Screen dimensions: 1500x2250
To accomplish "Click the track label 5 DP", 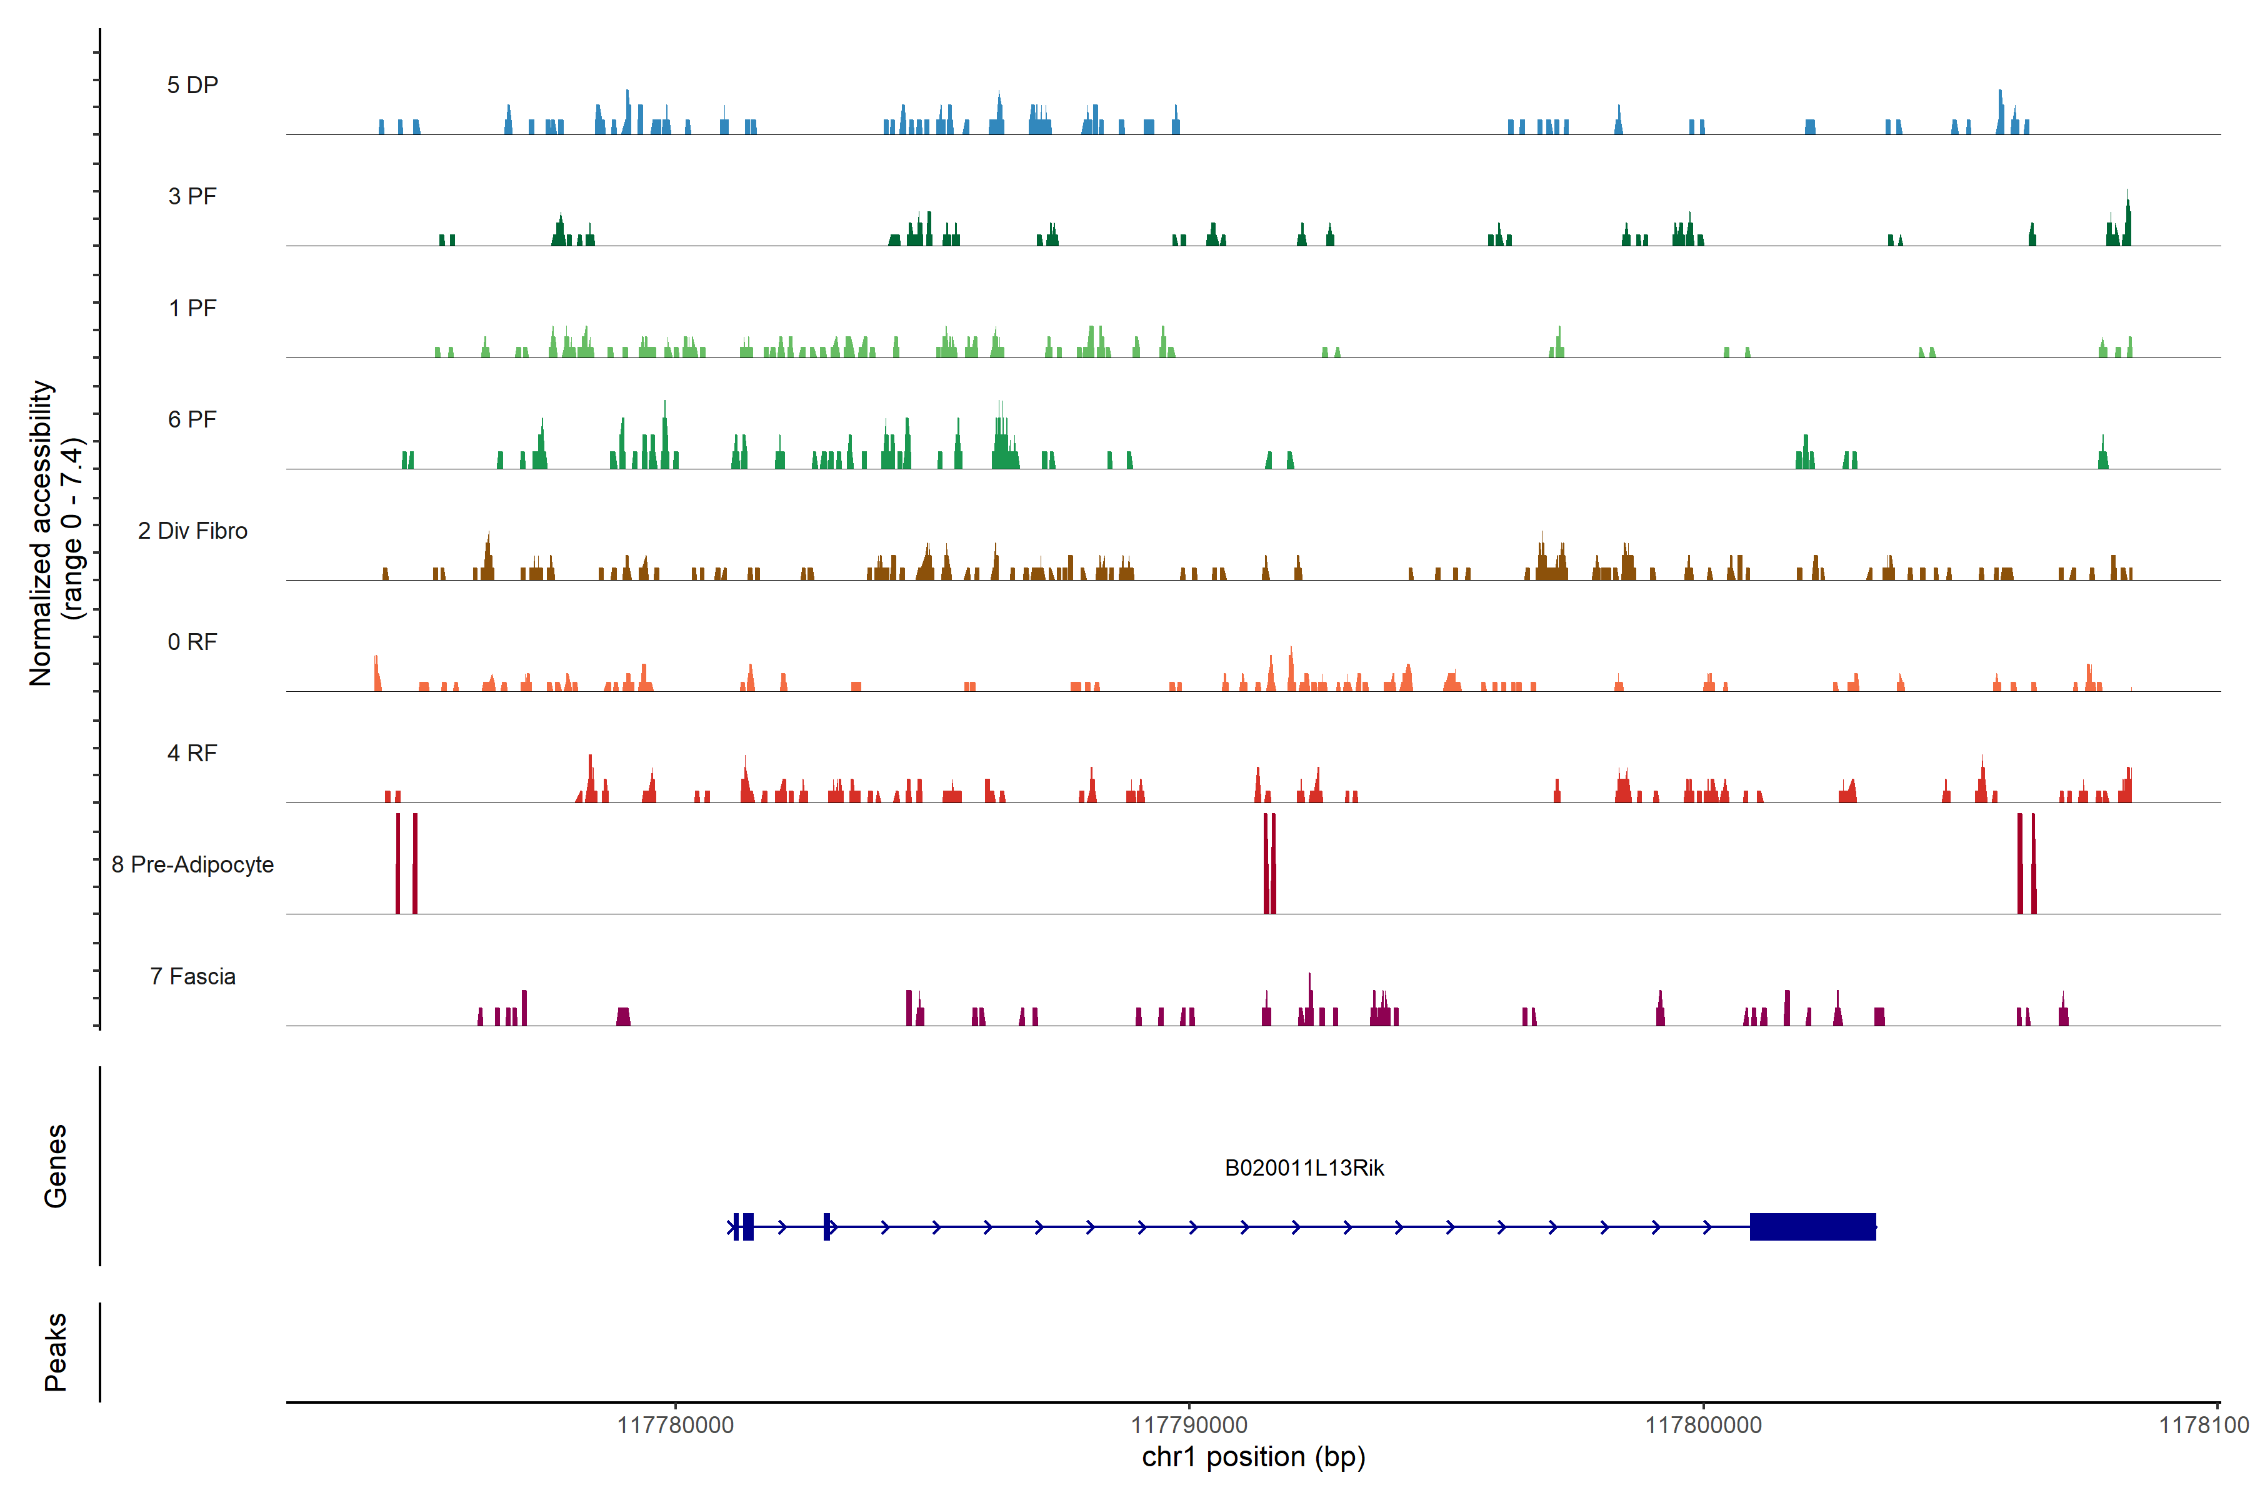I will tap(192, 85).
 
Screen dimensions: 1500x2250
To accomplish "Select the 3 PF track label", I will tap(192, 196).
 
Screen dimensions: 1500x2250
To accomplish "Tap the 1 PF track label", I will tap(192, 308).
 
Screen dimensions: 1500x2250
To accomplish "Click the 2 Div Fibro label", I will tap(192, 531).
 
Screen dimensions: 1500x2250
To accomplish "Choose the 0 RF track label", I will tap(192, 642).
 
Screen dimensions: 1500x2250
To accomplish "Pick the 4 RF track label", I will tap(192, 753).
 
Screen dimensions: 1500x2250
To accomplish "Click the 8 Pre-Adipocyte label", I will tap(192, 865).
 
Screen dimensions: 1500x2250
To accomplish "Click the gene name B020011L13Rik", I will tap(1304, 1168).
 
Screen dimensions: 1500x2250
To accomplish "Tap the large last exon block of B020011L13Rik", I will tap(1812, 1226).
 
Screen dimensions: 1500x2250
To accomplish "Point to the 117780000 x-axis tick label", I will tap(676, 1426).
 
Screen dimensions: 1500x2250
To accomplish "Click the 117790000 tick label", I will tap(1189, 1426).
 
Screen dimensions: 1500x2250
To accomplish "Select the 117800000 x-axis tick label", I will tap(1702, 1426).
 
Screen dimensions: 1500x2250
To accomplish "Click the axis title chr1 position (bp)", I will tap(1253, 1457).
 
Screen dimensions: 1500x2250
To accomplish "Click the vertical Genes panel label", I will tap(56, 1166).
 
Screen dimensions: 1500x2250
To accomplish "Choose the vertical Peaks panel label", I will tap(56, 1352).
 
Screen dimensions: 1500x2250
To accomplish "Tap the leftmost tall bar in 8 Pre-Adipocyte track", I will tap(398, 863).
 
